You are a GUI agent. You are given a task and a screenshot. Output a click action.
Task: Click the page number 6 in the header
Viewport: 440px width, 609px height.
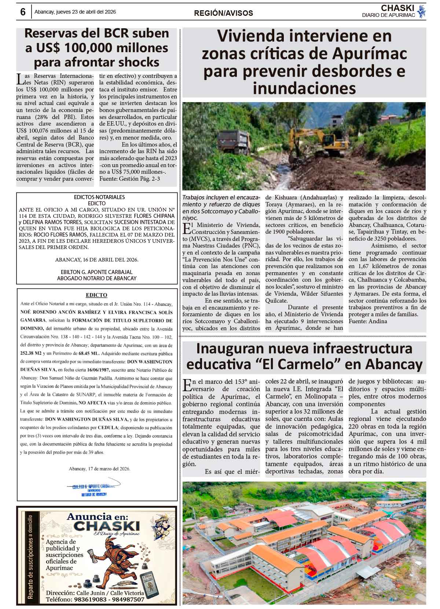click(x=23, y=12)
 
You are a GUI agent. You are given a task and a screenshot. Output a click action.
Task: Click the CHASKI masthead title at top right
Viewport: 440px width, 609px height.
click(x=397, y=8)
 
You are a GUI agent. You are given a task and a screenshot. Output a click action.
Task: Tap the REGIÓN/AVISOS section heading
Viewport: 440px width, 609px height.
click(x=223, y=13)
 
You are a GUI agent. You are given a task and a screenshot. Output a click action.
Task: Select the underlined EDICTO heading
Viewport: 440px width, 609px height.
click(x=96, y=295)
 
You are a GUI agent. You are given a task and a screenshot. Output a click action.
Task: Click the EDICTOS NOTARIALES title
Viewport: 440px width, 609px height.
click(x=97, y=197)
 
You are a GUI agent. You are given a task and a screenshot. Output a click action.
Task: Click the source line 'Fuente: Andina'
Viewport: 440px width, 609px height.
click(x=368, y=321)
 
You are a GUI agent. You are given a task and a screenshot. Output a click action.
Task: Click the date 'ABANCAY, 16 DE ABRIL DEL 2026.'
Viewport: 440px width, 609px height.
click(x=97, y=260)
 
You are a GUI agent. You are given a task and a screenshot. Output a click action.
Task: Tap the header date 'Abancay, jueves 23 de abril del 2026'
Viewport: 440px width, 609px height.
click(x=75, y=12)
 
